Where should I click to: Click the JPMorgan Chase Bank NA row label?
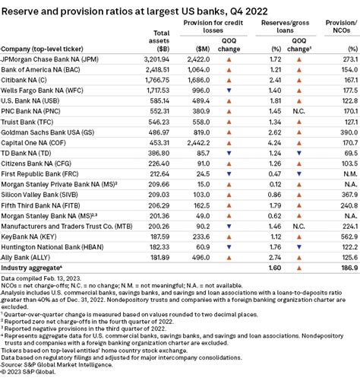[x=50, y=59]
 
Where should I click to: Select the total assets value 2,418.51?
[x=157, y=70]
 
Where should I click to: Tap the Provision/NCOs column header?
[x=341, y=27]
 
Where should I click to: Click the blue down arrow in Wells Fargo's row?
[x=229, y=90]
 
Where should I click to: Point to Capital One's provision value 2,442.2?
[x=198, y=143]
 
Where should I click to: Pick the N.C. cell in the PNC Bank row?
[x=298, y=111]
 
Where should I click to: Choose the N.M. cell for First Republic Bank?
[x=350, y=174]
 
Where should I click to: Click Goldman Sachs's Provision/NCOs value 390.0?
[x=349, y=132]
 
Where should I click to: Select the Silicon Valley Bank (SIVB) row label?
[x=39, y=195]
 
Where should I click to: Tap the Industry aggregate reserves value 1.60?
[x=275, y=268]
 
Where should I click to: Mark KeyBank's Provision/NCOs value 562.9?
[x=349, y=237]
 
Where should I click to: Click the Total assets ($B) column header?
[x=159, y=41]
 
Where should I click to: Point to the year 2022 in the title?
[x=257, y=11]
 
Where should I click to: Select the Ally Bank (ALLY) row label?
[x=26, y=258]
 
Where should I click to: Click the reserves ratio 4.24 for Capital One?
[x=274, y=143]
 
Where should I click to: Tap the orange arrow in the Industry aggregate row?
[x=299, y=268]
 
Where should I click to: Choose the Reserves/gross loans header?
[x=286, y=27]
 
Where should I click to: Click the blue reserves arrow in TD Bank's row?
[x=299, y=153]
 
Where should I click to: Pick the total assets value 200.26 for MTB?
[x=159, y=226]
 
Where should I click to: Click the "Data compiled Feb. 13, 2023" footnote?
[x=41, y=278]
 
